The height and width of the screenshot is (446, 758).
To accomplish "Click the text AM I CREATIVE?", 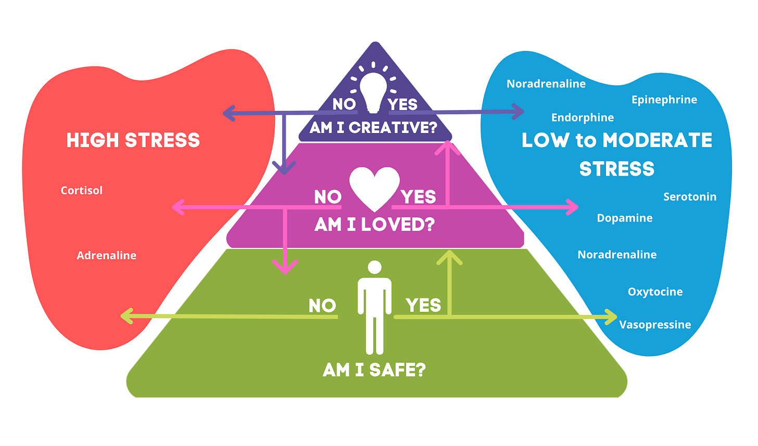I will [373, 127].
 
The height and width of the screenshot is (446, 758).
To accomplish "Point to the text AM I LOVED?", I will [374, 225].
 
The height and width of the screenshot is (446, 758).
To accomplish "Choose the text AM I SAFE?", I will [374, 370].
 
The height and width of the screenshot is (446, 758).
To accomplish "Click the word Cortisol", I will [82, 190].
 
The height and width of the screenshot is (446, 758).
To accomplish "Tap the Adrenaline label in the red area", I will [106, 255].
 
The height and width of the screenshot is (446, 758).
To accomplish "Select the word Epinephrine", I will [664, 99].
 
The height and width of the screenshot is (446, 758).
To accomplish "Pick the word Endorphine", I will [583, 117].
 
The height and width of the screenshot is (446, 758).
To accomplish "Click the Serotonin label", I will [690, 196].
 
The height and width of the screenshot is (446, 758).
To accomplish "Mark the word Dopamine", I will [624, 218].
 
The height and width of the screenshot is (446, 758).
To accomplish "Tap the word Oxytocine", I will [655, 292].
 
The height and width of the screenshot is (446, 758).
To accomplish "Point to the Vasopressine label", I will [655, 324].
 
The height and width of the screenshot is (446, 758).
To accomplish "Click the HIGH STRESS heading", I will [133, 140].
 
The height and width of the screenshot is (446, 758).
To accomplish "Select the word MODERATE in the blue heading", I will [657, 140].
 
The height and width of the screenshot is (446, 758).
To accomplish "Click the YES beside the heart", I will [418, 197].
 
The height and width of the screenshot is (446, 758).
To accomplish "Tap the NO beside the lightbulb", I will [344, 104].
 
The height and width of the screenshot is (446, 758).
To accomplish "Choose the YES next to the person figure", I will [423, 305].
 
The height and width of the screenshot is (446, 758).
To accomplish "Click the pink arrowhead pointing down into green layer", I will [285, 267].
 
